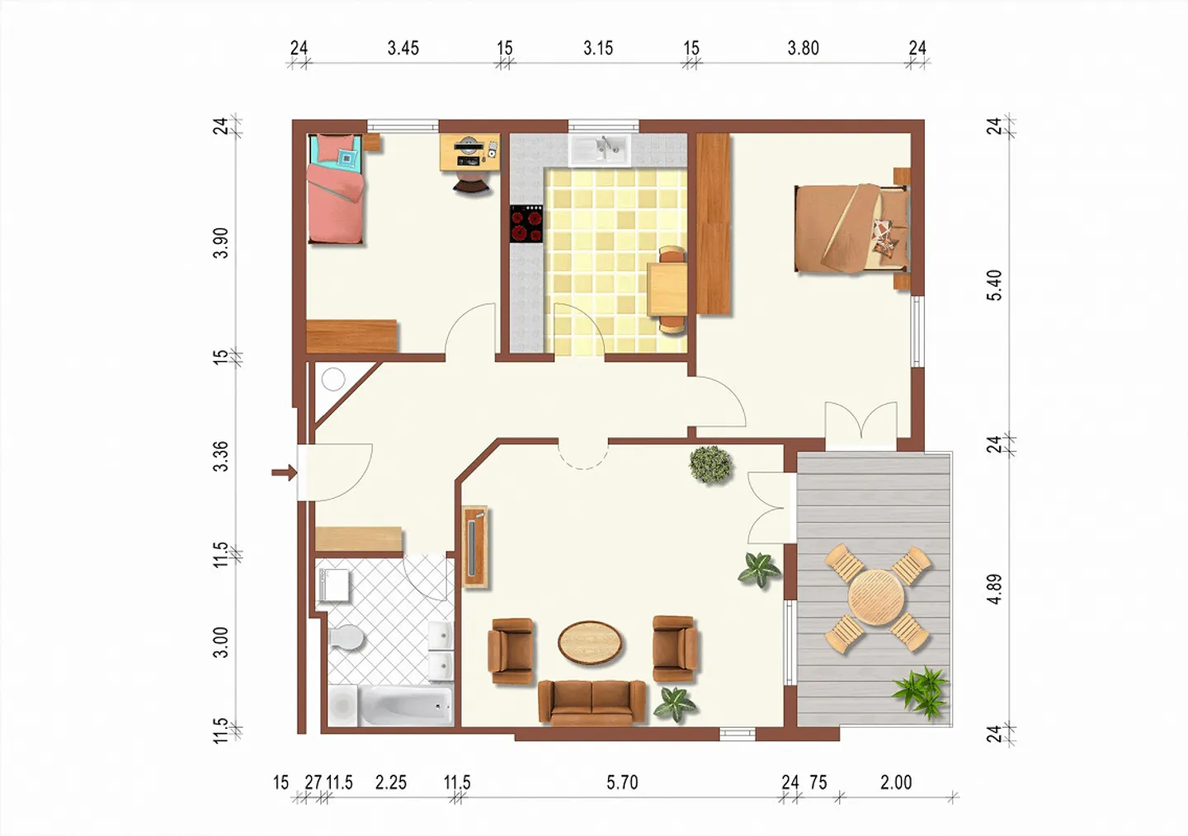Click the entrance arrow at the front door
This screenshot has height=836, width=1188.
[x=284, y=472]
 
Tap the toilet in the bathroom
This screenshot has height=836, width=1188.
[x=346, y=637]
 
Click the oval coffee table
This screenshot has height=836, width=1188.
[x=591, y=642]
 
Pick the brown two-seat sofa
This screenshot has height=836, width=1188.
[x=592, y=702]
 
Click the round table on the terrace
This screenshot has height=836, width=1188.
[x=877, y=598]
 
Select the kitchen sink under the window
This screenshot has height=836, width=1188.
[x=600, y=150]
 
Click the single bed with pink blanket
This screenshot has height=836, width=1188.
[x=336, y=190]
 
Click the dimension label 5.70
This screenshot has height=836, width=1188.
[x=622, y=782]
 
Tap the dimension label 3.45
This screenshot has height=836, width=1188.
[x=403, y=49]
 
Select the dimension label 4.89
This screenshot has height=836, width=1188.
[x=995, y=589]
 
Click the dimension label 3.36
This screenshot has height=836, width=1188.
[x=220, y=456]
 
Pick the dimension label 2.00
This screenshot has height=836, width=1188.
[x=895, y=782]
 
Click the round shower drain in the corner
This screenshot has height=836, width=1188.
[x=333, y=380]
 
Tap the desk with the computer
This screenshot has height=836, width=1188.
[x=469, y=152]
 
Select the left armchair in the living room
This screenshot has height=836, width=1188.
[x=511, y=650]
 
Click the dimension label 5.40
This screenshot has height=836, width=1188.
[x=995, y=284]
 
